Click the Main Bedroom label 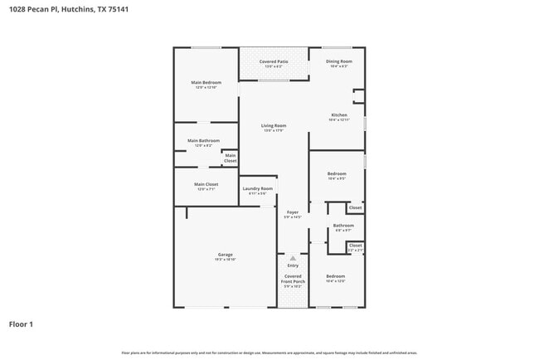[206, 82]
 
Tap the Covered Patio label [273, 61]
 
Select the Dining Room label [338, 61]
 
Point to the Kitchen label [338, 115]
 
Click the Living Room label [274, 126]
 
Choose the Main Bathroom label [203, 141]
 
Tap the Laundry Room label [257, 189]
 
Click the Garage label [225, 255]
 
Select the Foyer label [293, 212]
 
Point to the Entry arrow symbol [293, 258]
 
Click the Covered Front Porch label [293, 279]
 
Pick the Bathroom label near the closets [343, 226]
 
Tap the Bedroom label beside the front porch [335, 276]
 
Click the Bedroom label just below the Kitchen [337, 173]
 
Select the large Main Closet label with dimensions [206, 185]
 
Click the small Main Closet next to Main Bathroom [230, 158]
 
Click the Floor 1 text [21, 324]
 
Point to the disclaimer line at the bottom [269, 353]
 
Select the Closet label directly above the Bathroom [355, 207]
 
